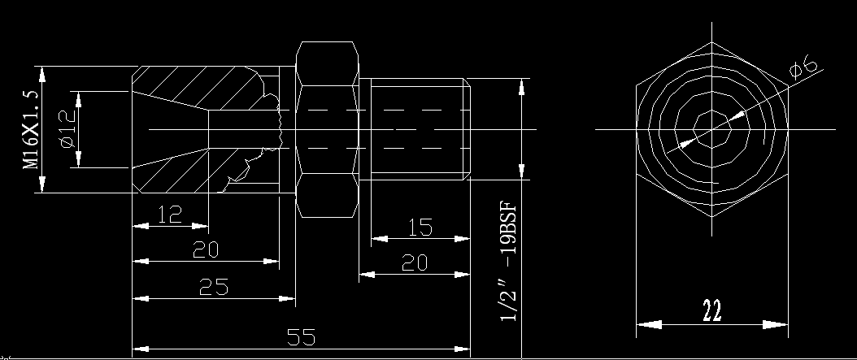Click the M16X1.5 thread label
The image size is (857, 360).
click(x=31, y=129)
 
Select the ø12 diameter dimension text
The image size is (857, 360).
click(x=67, y=129)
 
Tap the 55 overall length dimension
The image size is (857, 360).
click(x=301, y=337)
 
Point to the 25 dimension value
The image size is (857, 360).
click(x=214, y=287)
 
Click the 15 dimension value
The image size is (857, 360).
click(x=420, y=228)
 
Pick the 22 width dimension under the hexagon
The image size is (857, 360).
click(x=711, y=310)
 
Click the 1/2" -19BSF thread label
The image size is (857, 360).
click(x=507, y=262)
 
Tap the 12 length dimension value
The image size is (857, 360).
click(x=170, y=215)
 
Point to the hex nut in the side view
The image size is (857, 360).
click(x=328, y=129)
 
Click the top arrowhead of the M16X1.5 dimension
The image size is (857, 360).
click(x=42, y=74)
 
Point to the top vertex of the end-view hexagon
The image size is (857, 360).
click(x=711, y=42)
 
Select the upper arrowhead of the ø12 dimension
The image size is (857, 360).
click(x=78, y=100)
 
